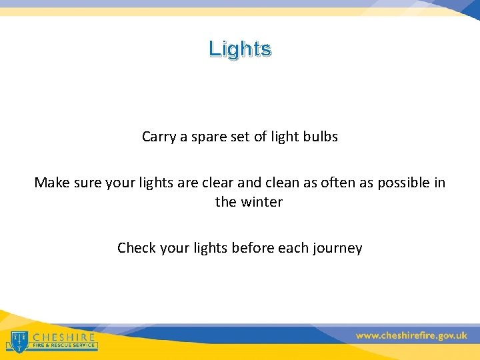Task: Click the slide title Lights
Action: coord(239,49)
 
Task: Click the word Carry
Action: coord(158,137)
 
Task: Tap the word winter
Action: coord(259,201)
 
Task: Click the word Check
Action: coord(136,248)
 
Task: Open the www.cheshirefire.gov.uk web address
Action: coord(411,336)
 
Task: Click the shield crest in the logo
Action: coord(18,340)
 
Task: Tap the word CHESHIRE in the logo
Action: coord(64,337)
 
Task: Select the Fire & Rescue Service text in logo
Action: coord(64,347)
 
